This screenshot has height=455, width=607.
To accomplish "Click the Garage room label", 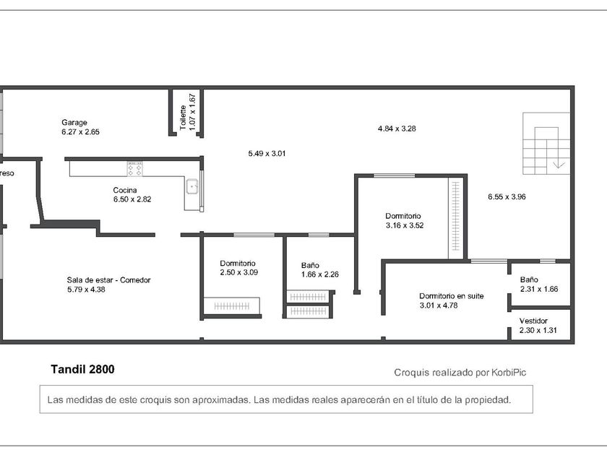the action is tap(74, 123).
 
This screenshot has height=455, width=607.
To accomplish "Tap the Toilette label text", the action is tap(183, 118).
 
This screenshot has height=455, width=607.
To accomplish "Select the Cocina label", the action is tap(124, 190).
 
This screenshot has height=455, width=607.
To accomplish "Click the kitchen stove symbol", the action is tap(134, 169).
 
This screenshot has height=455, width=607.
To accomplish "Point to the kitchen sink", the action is tap(192, 186).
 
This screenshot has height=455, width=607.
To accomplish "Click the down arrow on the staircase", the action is tap(559, 165).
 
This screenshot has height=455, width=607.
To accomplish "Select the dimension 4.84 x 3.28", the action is tap(397, 129).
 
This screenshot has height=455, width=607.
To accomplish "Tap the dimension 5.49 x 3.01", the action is tap(267, 153).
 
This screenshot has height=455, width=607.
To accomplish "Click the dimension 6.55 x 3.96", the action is tap(507, 196).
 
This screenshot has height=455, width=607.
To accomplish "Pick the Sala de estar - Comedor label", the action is tap(108, 279).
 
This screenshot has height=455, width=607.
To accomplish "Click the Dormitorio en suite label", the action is tap(452, 296).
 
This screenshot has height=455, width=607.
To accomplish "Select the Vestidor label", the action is tap(533, 321).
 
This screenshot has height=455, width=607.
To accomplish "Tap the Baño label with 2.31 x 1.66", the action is tap(529, 279).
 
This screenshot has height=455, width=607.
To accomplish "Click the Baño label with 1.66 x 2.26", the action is tap(310, 265).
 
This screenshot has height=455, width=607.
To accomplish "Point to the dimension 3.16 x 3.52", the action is tap(405, 225).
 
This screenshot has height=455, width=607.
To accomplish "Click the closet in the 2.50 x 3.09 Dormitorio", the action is tap(232, 306).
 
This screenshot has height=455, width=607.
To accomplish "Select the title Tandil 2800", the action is tap(82, 369).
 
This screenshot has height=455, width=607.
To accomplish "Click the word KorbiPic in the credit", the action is tap(509, 373).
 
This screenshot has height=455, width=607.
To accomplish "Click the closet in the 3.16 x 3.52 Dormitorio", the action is tap(456, 218).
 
